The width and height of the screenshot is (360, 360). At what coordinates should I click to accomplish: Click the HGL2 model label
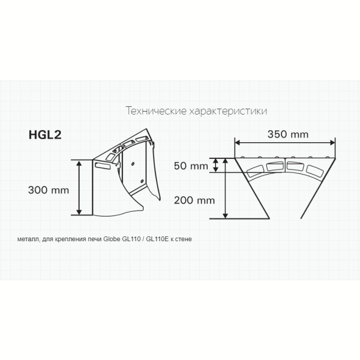pyautogui.click(x=45, y=134)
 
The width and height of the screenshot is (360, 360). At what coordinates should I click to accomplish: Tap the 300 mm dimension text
pyautogui.click(x=49, y=190)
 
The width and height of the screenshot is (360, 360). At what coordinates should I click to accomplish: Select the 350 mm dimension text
pyautogui.click(x=288, y=134)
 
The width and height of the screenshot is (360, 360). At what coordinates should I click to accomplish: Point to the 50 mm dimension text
pyautogui.click(x=191, y=166)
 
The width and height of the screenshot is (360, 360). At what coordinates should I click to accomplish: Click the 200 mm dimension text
pyautogui.click(x=194, y=200)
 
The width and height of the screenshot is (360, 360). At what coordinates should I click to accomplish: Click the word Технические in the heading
pyautogui.click(x=156, y=111)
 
